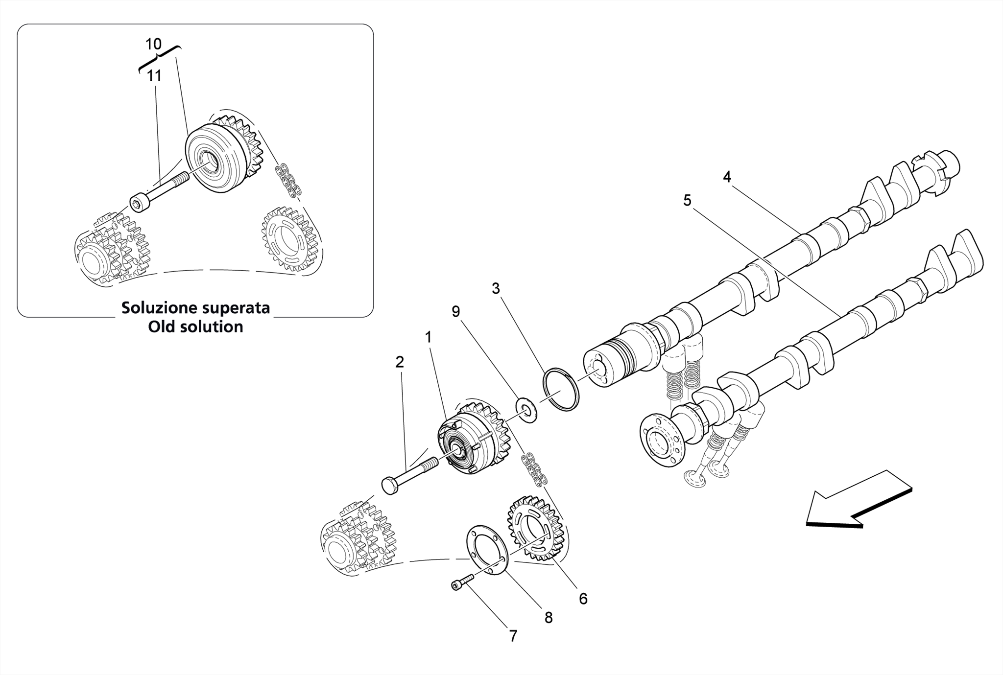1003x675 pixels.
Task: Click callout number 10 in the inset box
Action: (x=153, y=44)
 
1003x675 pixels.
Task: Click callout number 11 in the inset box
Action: (x=154, y=76)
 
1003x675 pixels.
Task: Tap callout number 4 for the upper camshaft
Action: (x=727, y=177)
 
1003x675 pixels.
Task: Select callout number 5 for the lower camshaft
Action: (x=687, y=200)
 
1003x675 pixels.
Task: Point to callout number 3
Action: (x=496, y=289)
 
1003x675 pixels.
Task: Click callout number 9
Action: (x=455, y=311)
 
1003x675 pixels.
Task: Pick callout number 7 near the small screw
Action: (x=513, y=636)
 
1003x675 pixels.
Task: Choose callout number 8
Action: (x=549, y=618)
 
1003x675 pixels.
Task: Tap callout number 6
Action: (x=583, y=598)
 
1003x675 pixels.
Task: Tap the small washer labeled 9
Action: (x=526, y=410)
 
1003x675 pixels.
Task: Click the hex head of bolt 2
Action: (x=389, y=486)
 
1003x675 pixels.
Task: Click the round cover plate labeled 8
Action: (x=485, y=548)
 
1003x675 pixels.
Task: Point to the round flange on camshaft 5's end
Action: (x=658, y=443)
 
